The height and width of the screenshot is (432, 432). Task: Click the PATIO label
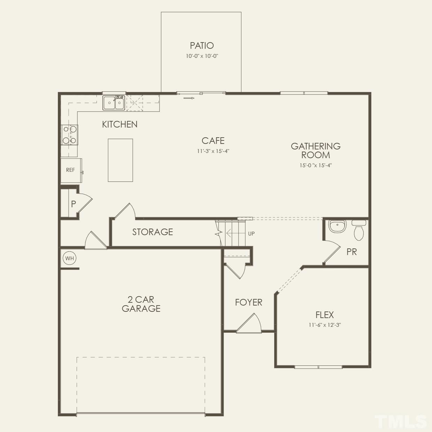pyautogui.click(x=202, y=46)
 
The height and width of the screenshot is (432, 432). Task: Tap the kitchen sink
pyautogui.click(x=114, y=103)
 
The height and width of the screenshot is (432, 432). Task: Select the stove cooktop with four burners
pyautogui.click(x=69, y=135)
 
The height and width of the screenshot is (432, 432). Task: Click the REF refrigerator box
pyautogui.click(x=71, y=170)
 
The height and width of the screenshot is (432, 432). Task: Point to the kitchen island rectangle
pyautogui.click(x=120, y=160)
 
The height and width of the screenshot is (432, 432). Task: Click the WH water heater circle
pyautogui.click(x=69, y=259)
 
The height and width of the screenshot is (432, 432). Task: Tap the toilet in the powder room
pyautogui.click(x=358, y=231)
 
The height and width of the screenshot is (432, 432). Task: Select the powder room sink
pyautogui.click(x=337, y=226)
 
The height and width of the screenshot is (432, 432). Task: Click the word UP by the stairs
pyautogui.click(x=251, y=234)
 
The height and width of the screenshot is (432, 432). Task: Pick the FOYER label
pyautogui.click(x=248, y=302)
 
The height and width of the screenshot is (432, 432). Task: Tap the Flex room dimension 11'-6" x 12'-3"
pyautogui.click(x=324, y=325)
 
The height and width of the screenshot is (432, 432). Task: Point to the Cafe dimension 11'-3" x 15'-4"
pyautogui.click(x=213, y=151)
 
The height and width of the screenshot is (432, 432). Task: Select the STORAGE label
pyautogui.click(x=153, y=232)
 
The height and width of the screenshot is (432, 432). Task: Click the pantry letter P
pyautogui.click(x=73, y=204)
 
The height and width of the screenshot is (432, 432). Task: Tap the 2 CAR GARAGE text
pyautogui.click(x=141, y=304)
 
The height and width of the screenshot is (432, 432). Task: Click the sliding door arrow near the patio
pyautogui.click(x=189, y=98)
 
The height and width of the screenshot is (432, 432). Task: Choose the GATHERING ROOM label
pyautogui.click(x=316, y=151)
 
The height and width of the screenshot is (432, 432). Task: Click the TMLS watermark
pyautogui.click(x=401, y=421)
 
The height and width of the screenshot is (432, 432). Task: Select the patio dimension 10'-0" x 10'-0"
pyautogui.click(x=202, y=56)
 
